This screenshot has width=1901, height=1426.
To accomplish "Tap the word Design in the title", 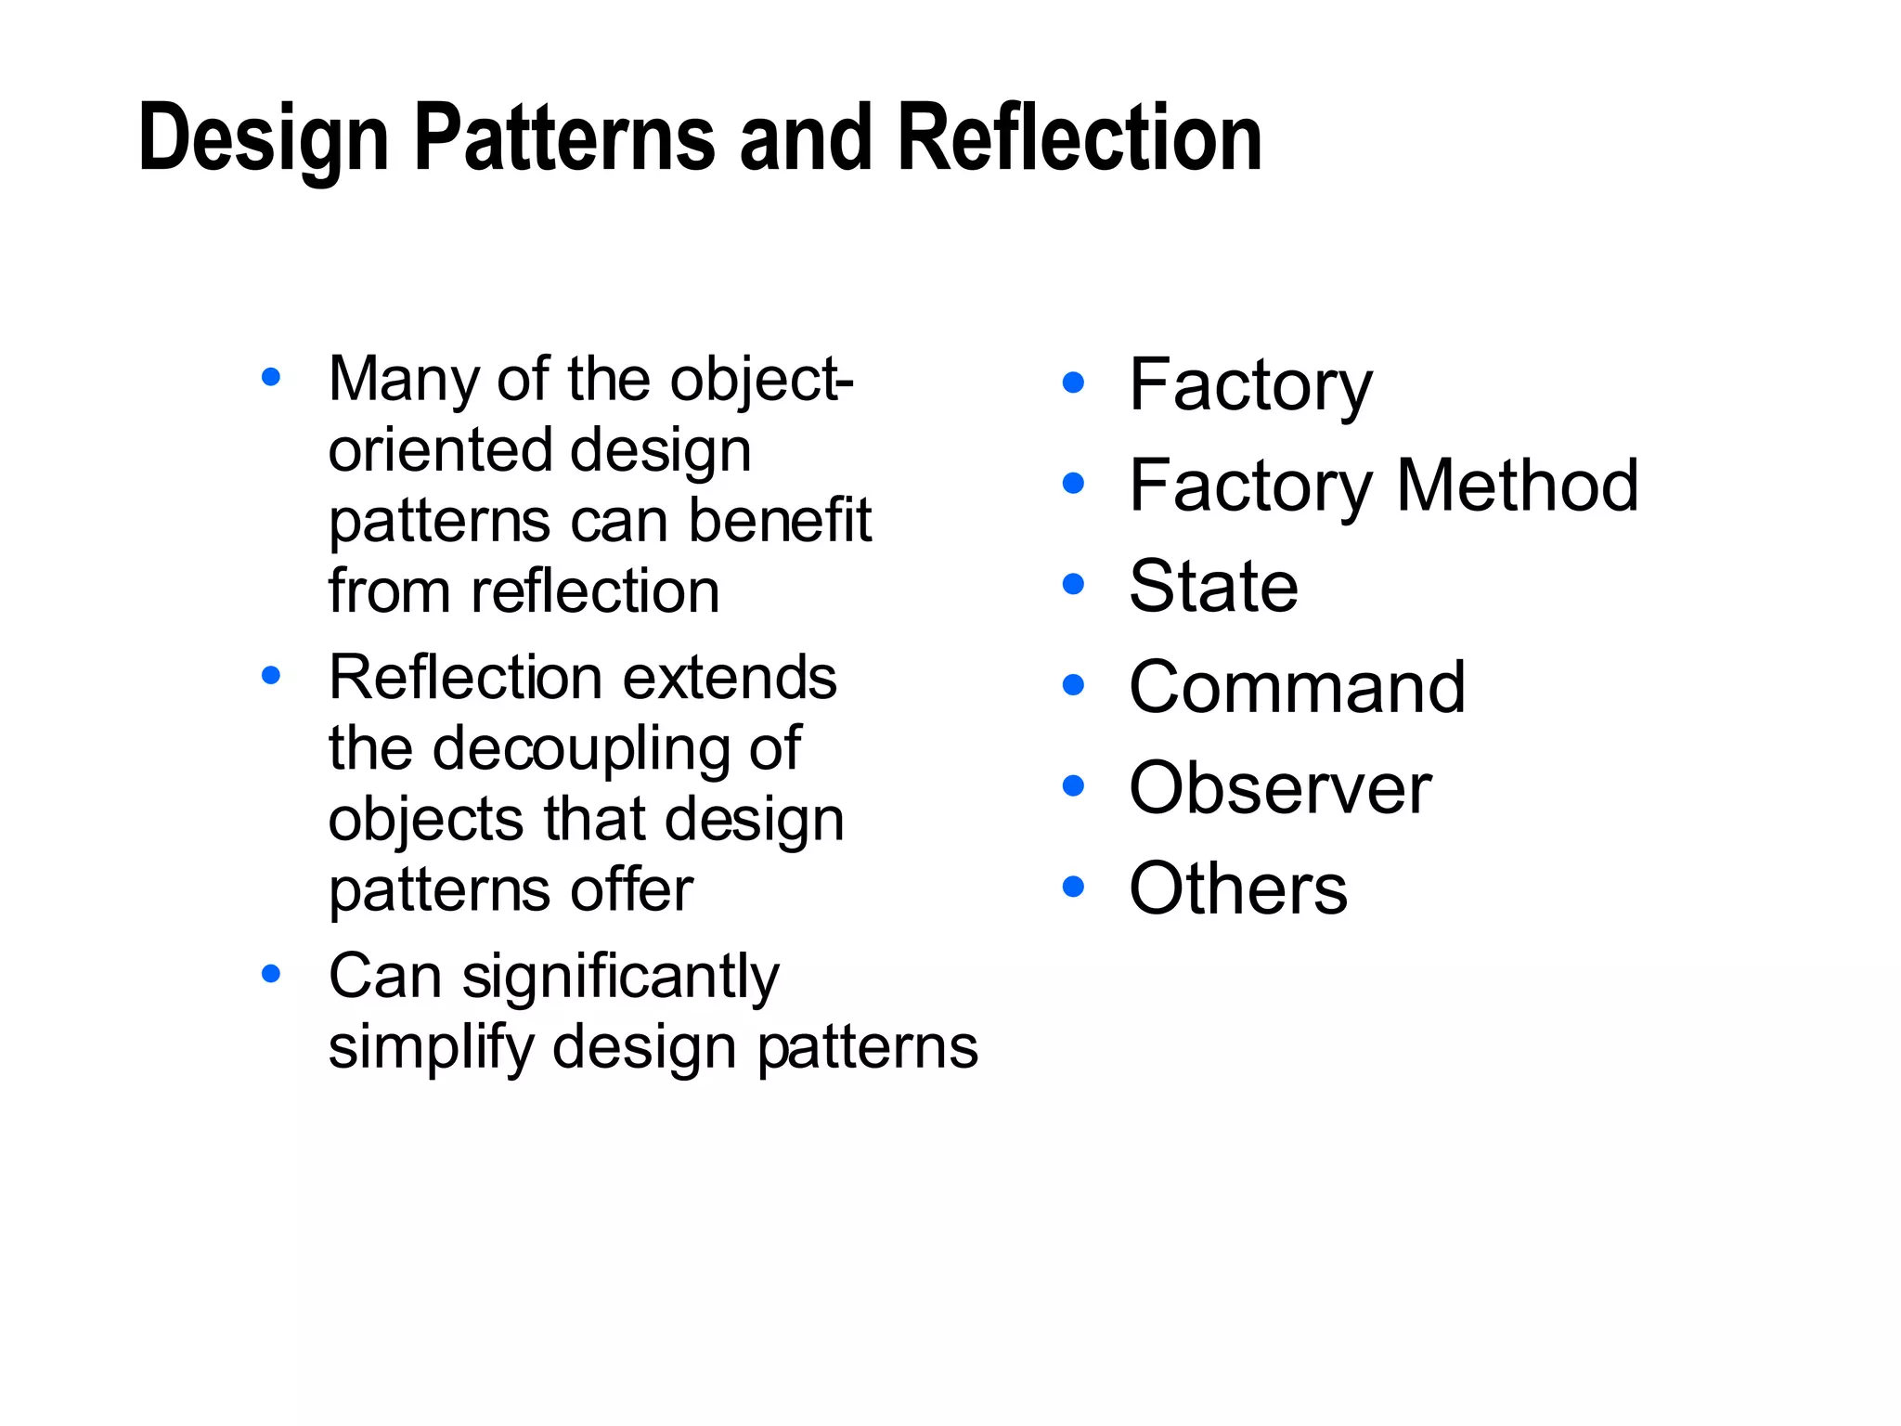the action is tap(264, 139).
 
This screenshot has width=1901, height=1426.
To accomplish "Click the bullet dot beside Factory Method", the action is tap(1073, 484).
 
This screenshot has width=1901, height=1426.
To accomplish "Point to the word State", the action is tap(1213, 586).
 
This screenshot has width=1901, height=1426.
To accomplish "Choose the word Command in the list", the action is tap(1297, 687).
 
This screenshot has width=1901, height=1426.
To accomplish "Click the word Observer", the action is tap(1280, 788).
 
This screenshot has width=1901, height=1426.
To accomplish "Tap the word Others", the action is tap(1238, 888).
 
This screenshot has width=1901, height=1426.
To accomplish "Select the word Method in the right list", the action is tap(1518, 485).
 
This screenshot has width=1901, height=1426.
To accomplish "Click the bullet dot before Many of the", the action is tap(271, 377).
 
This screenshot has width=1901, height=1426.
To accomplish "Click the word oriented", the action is tap(440, 450).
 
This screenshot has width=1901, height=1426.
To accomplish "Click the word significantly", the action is tap(621, 979).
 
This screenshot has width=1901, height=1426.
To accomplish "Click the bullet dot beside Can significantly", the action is tap(271, 974).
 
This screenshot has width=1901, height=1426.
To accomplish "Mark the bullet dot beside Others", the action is tap(1073, 887).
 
